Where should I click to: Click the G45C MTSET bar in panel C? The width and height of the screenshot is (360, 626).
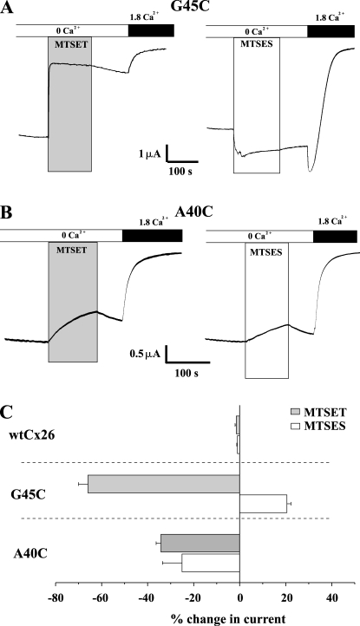coord(164,484)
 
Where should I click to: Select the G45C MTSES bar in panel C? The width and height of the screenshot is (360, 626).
coord(264,504)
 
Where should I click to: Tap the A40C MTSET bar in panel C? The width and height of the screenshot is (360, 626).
coord(200,544)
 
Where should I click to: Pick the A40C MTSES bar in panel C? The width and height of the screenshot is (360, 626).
coord(211,563)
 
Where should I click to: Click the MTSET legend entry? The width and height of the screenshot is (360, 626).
coord(317,412)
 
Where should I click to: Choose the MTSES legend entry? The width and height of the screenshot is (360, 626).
coord(317,426)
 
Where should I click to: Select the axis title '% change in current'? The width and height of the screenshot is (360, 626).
coord(228,619)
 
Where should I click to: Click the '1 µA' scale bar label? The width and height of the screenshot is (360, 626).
coord(150,154)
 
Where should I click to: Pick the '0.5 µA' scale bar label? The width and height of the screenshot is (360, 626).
coord(145,354)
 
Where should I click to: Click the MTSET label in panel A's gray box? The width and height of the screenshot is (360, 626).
coord(71,45)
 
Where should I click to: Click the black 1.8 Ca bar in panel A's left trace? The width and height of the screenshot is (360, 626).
coord(151,30)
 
